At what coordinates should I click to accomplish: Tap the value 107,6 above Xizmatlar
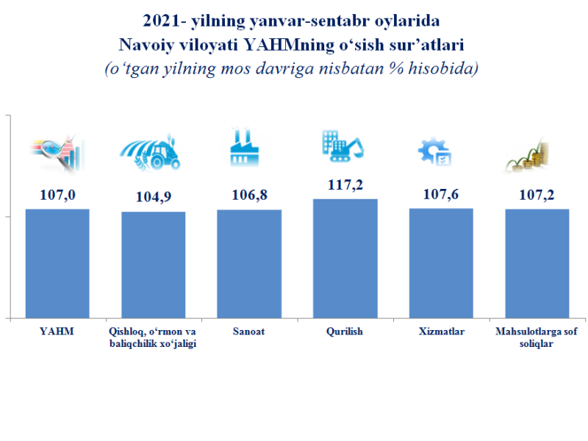pyautogui.click(x=440, y=196)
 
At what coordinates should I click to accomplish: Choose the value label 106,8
pyautogui.click(x=249, y=196)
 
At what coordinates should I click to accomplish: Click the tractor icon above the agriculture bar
pyautogui.click(x=153, y=152)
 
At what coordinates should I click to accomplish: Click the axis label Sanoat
pyautogui.click(x=249, y=331)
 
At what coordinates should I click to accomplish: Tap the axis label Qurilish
pyautogui.click(x=345, y=331)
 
